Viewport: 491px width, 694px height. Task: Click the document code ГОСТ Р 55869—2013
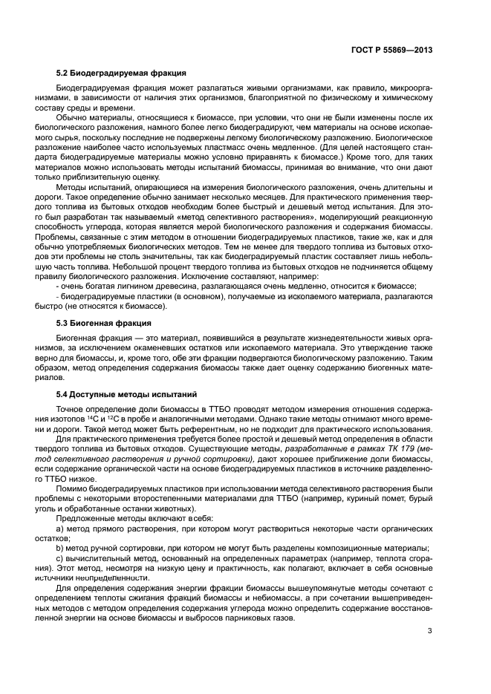tap(393, 50)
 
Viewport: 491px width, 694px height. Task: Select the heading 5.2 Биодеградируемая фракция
tap(121, 73)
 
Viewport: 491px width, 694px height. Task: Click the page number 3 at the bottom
tap(430, 632)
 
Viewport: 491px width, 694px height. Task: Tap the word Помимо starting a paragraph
tap(71, 488)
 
